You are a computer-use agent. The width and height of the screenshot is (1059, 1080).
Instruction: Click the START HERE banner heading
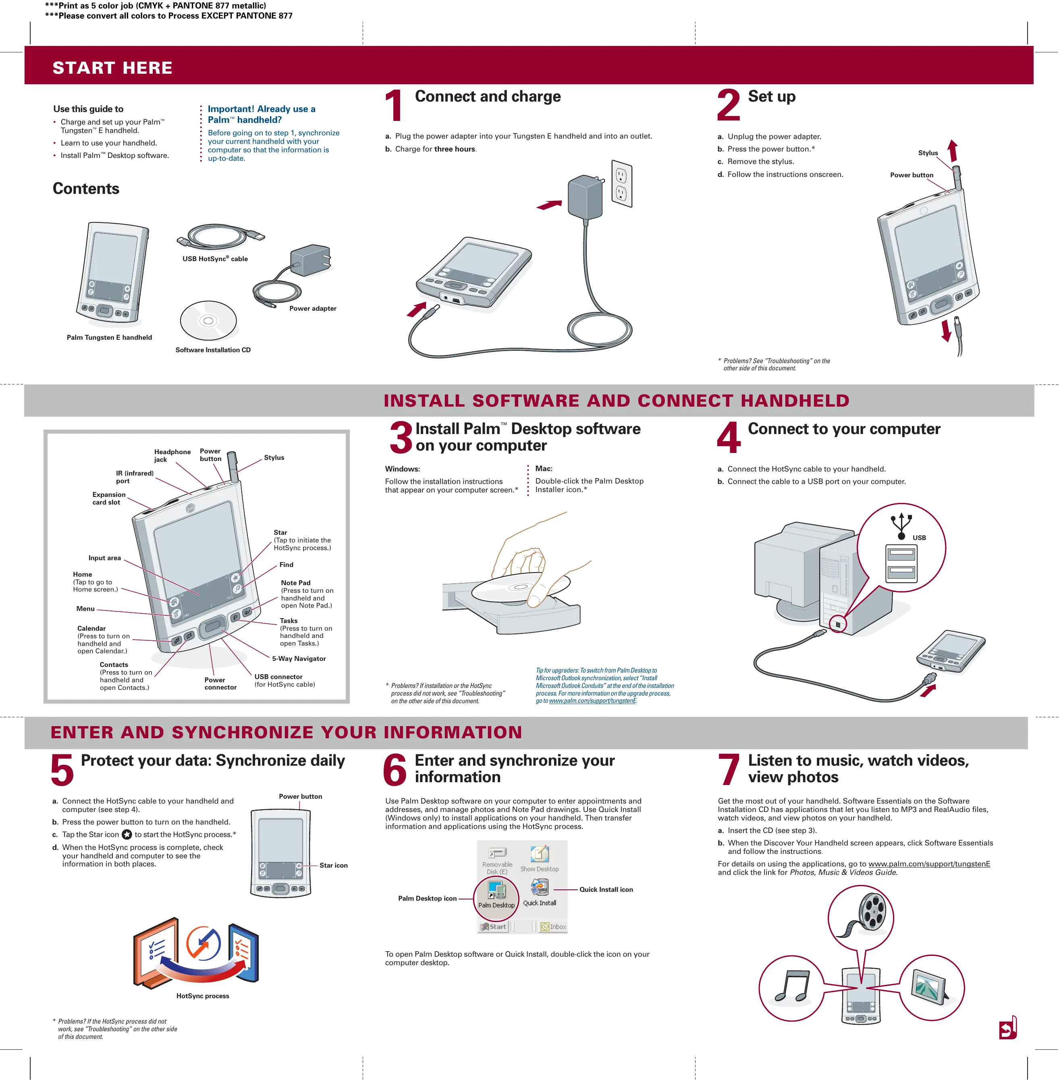point(112,68)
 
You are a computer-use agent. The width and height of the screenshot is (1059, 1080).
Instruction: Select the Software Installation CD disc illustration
point(208,321)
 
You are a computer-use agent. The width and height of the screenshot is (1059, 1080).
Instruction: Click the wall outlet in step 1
point(622,183)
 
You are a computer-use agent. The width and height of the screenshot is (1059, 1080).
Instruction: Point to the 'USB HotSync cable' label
point(215,259)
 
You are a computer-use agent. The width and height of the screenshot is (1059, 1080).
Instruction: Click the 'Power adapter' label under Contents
point(313,309)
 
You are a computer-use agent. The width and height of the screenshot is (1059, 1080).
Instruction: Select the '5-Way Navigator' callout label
point(299,658)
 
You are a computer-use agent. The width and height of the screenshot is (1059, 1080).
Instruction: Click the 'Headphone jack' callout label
point(172,455)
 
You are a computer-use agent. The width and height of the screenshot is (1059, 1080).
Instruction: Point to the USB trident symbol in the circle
point(901,525)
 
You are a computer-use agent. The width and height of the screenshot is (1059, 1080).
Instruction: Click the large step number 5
point(62,770)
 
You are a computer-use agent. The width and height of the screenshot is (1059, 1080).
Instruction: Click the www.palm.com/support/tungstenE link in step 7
point(929,864)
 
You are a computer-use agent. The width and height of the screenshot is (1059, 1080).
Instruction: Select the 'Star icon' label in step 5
point(333,865)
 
